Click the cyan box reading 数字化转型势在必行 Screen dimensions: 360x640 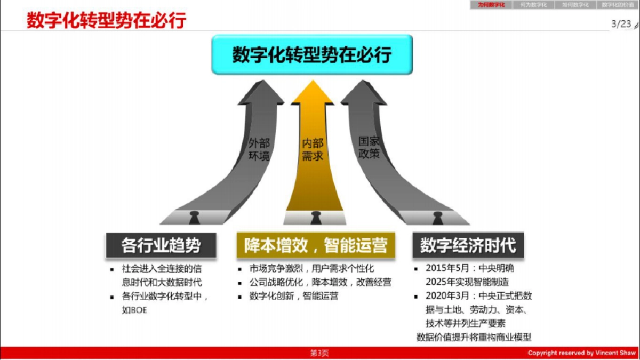(312, 55)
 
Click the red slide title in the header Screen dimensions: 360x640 (106, 21)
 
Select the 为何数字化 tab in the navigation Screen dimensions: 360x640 (491, 5)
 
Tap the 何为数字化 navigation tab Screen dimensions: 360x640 (533, 5)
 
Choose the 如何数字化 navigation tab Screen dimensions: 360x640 (575, 5)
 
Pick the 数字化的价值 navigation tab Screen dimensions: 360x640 (618, 5)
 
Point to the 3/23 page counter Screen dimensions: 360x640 (621, 23)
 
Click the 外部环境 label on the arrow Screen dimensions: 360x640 (259, 150)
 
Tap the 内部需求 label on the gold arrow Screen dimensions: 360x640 (313, 150)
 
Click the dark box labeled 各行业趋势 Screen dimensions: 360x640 (161, 245)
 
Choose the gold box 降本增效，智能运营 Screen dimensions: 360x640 (316, 245)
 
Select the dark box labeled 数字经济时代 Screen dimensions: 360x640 (468, 245)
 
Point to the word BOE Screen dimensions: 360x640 (138, 310)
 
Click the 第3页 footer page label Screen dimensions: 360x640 (319, 353)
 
